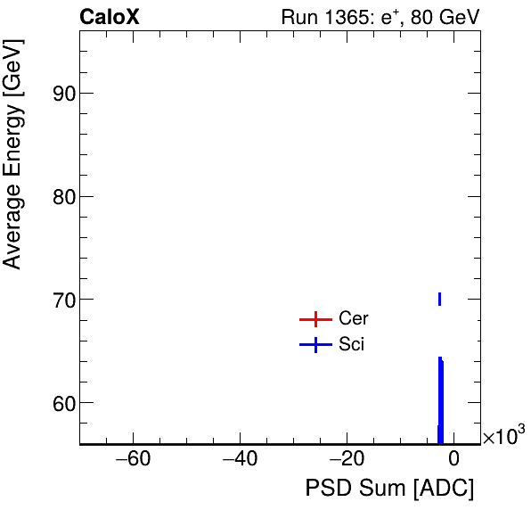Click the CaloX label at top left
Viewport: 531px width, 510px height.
click(110, 17)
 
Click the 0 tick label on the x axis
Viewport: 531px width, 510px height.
click(453, 460)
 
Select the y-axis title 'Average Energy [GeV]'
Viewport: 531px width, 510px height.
click(13, 169)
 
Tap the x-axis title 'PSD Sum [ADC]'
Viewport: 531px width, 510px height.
click(389, 489)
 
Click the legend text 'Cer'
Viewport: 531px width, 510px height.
click(353, 319)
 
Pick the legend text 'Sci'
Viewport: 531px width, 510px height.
click(351, 345)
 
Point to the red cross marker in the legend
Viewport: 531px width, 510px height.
click(315, 319)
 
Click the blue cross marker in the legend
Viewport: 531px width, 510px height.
click(315, 345)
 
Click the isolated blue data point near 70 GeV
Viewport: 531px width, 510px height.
click(439, 299)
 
